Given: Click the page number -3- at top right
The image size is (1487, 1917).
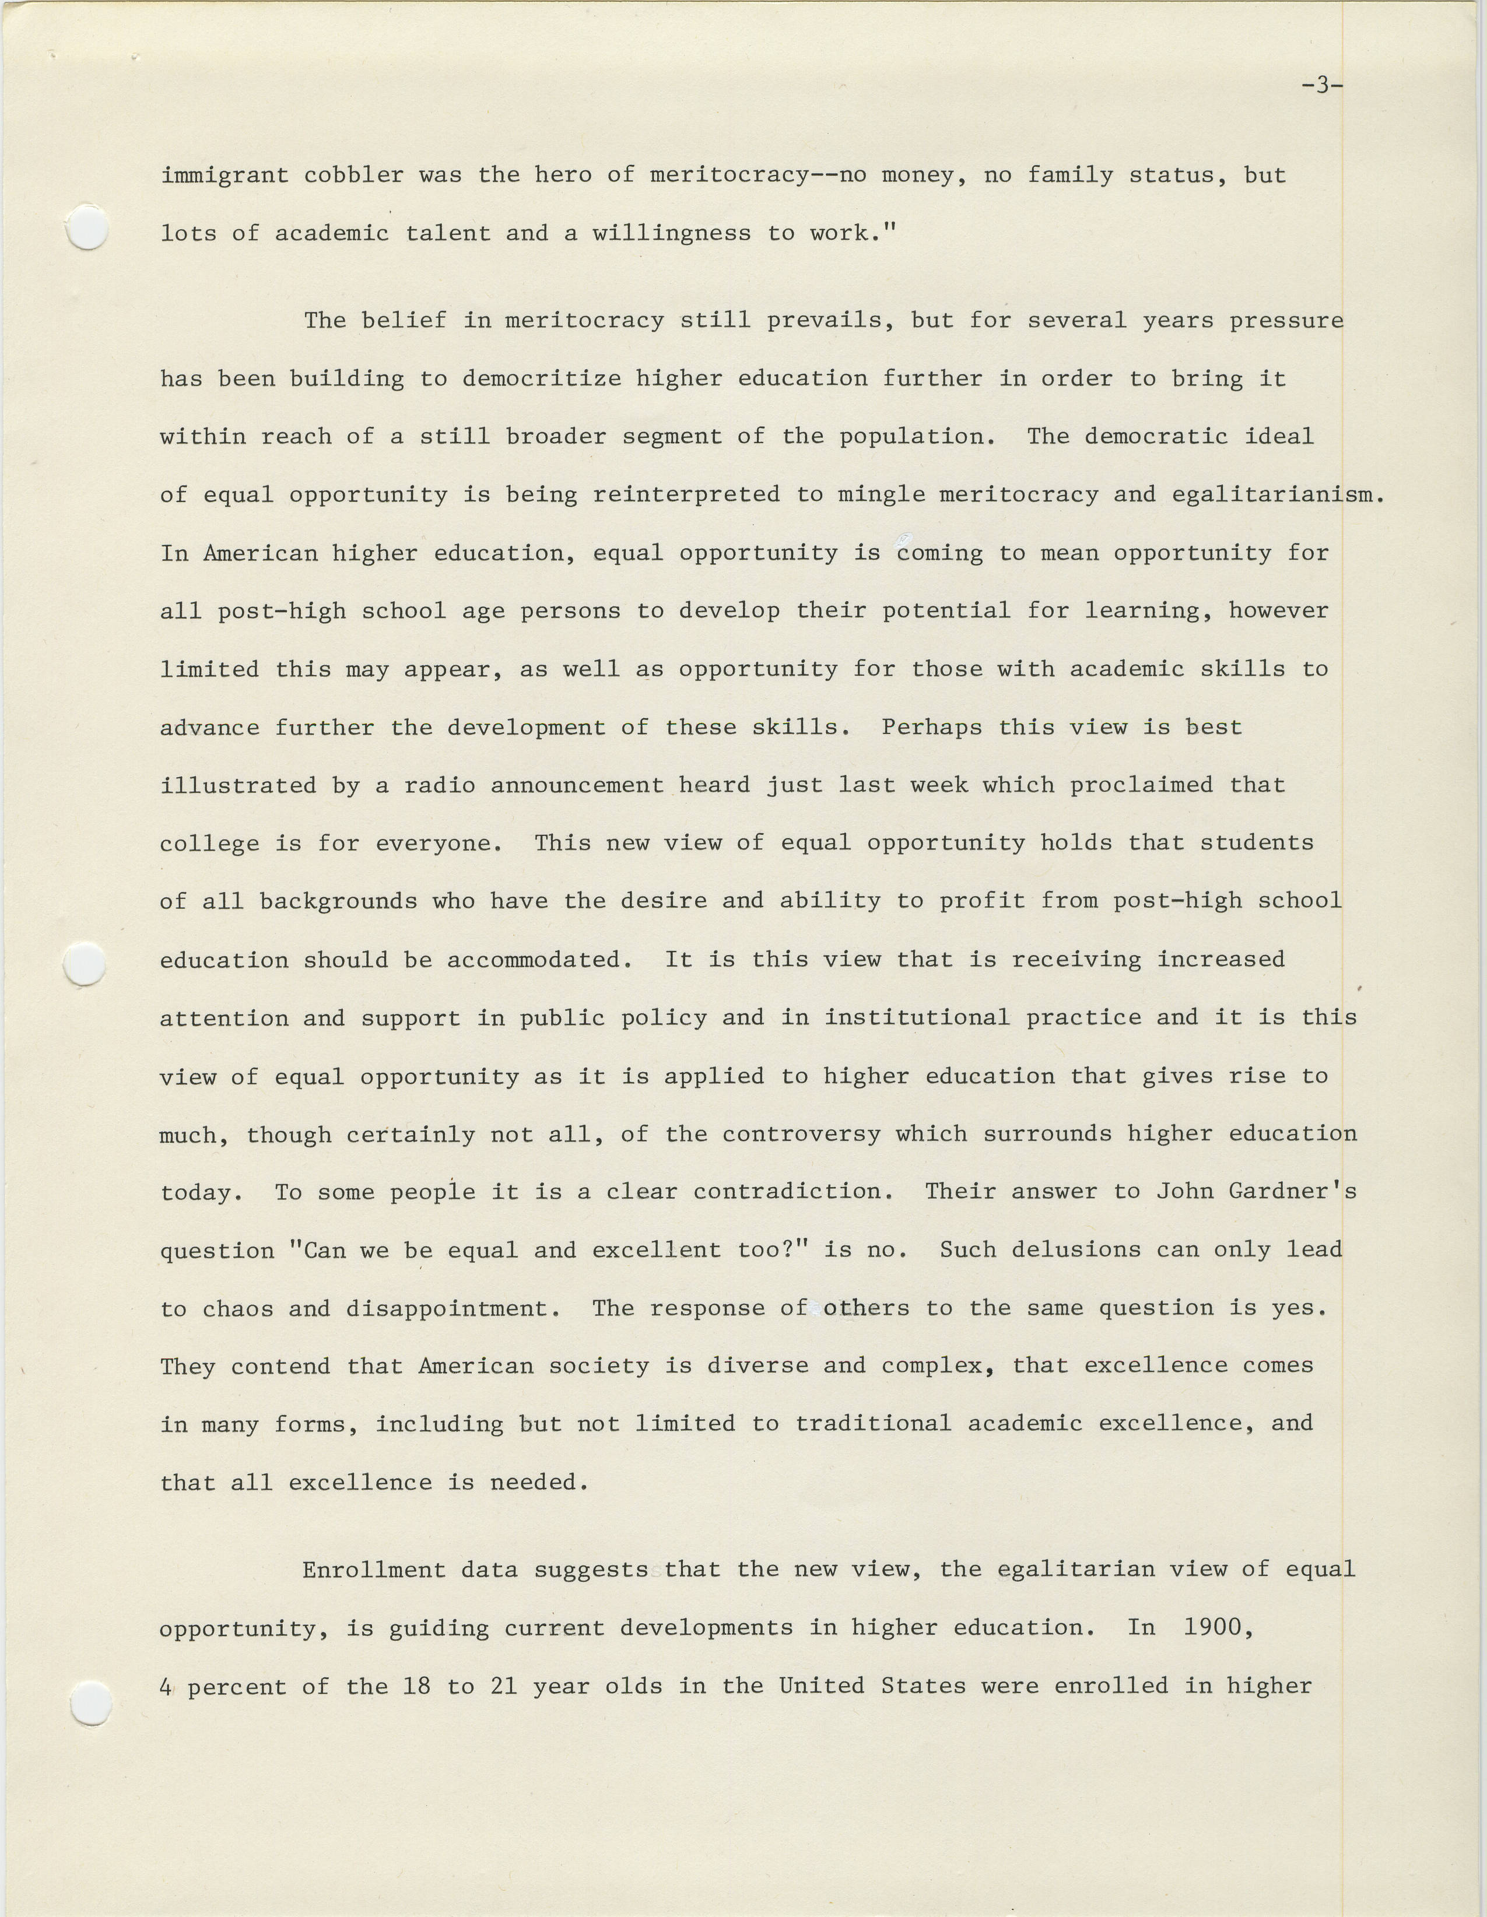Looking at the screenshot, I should click(1321, 86).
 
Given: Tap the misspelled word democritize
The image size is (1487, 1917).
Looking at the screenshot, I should click(542, 379).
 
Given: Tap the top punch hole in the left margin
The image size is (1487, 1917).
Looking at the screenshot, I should click(88, 227).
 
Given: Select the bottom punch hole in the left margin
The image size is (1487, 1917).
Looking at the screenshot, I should click(90, 1703).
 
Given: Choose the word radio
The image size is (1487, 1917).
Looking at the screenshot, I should click(439, 785).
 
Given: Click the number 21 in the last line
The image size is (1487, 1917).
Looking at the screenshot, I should click(503, 1686).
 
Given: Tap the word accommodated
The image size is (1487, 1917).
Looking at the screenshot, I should click(539, 960).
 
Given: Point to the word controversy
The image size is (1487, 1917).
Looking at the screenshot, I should click(801, 1134).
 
